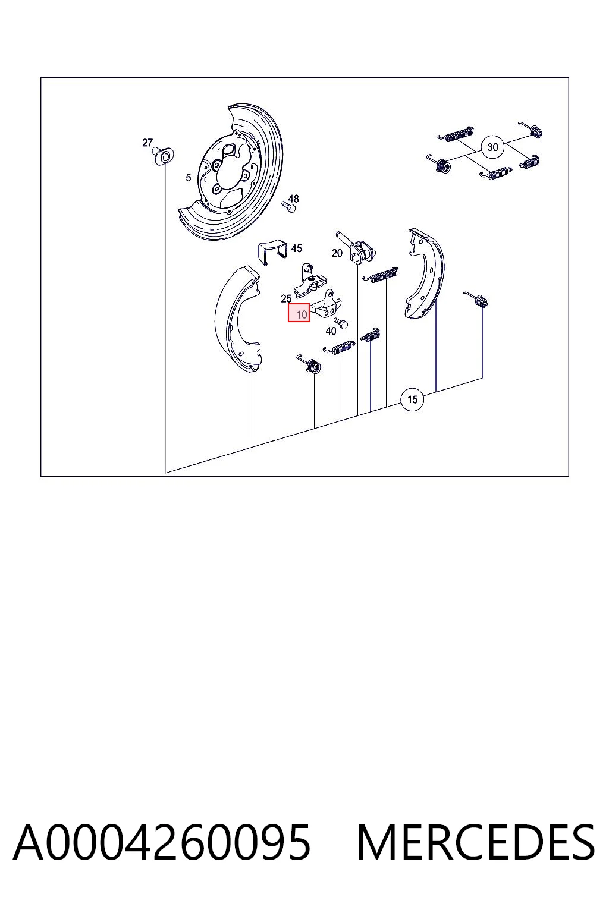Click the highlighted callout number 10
pos(299,313)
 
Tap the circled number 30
pos(492,147)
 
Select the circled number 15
pos(412,399)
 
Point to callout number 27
pos(147,143)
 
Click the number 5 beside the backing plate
pos(188,178)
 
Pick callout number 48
pos(293,199)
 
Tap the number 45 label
pos(297,248)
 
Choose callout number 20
pos(337,253)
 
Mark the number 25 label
pos(286,299)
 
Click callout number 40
pos(331,331)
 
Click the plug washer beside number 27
pos(164,156)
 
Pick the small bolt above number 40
pos(341,323)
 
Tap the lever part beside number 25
pos(310,281)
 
